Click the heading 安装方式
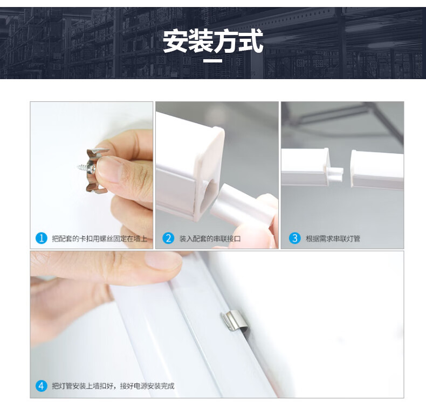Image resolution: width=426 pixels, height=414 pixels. pyautogui.click(x=212, y=41)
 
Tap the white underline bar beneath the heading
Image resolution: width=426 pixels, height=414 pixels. pyautogui.click(x=213, y=60)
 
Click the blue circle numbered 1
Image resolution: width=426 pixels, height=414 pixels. pyautogui.click(x=42, y=238)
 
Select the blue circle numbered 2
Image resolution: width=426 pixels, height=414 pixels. pyautogui.click(x=168, y=238)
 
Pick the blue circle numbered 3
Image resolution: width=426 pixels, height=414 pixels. pyautogui.click(x=295, y=238)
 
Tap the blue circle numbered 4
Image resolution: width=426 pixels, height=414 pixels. pyautogui.click(x=42, y=385)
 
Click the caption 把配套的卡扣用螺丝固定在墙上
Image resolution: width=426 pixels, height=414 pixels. pyautogui.click(x=100, y=238)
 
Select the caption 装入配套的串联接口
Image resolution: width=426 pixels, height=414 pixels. pyautogui.click(x=210, y=238)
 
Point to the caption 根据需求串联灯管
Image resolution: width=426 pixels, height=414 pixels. pyautogui.click(x=333, y=238)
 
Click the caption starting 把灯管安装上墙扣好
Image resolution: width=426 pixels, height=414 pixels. pyautogui.click(x=113, y=386)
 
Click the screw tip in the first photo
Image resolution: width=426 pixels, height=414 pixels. pyautogui.click(x=78, y=166)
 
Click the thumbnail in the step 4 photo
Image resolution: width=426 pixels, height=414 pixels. pyautogui.click(x=163, y=261)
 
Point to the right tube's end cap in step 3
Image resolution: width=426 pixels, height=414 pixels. pyautogui.click(x=354, y=168)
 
